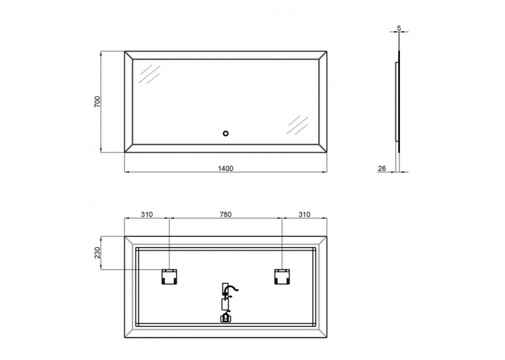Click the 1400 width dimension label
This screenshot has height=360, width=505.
tap(226, 168)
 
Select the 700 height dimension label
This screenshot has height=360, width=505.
tap(97, 102)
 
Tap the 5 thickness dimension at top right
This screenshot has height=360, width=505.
tap(399, 28)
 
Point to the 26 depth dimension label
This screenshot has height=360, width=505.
tap(382, 168)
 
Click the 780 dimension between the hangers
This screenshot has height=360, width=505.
tap(226, 214)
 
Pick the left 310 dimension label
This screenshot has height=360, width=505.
tap(147, 214)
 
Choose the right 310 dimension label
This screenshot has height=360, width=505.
tap(304, 214)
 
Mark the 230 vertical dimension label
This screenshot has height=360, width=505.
tap(97, 253)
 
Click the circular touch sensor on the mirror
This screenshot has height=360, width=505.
tap(226, 133)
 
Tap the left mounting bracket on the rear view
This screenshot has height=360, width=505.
tap(169, 277)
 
